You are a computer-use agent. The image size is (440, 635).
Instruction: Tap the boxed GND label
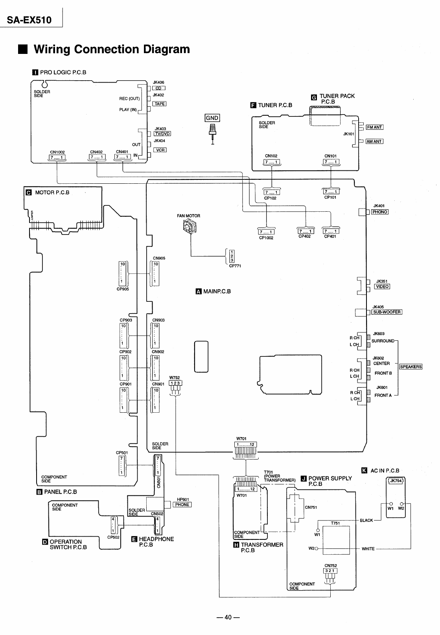pyautogui.click(x=212, y=118)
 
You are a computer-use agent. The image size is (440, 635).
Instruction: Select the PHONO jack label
pyautogui.click(x=380, y=212)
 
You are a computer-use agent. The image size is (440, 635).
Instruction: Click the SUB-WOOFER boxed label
pyautogui.click(x=387, y=312)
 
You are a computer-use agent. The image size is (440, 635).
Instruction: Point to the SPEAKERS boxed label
pyautogui.click(x=411, y=367)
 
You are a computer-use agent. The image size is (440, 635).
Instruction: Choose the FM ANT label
pyautogui.click(x=375, y=127)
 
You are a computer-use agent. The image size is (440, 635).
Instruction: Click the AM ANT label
pyautogui.click(x=374, y=141)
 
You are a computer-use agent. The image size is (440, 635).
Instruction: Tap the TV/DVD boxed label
pyautogui.click(x=162, y=133)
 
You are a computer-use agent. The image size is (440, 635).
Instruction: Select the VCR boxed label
pyautogui.click(x=160, y=150)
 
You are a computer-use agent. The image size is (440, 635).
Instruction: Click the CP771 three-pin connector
pyautogui.click(x=232, y=256)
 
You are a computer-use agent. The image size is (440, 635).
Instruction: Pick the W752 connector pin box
pyautogui.click(x=175, y=383)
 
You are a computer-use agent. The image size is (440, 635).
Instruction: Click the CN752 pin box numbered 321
pyautogui.click(x=330, y=571)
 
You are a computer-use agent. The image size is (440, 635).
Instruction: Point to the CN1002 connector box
pyautogui.click(x=57, y=157)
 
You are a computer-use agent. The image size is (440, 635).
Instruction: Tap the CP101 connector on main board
pyautogui.click(x=331, y=192)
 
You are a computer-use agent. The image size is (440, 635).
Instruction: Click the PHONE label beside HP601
pyautogui.click(x=182, y=505)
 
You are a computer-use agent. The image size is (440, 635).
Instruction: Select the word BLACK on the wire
pyautogui.click(x=366, y=521)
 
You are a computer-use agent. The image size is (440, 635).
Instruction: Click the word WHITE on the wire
pyautogui.click(x=368, y=549)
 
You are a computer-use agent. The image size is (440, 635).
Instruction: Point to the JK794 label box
pyautogui.click(x=396, y=481)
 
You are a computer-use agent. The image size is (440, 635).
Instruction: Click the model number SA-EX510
pyautogui.click(x=30, y=20)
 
